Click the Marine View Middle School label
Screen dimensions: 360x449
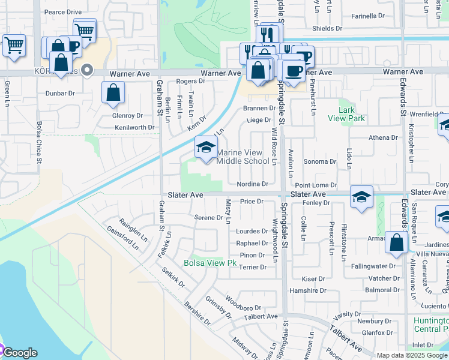pyautogui.click(x=243, y=157)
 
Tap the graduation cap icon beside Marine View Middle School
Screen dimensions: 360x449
pyautogui.click(x=206, y=147)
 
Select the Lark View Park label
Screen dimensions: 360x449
pyautogui.click(x=347, y=114)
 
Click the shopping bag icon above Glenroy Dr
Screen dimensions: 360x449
pyautogui.click(x=113, y=94)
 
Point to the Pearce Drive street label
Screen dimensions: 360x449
pyautogui.click(x=63, y=12)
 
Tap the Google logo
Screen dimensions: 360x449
pyautogui.click(x=19, y=353)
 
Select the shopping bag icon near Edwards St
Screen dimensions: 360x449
pyautogui.click(x=396, y=242)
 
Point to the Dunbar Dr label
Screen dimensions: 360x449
pyautogui.click(x=60, y=94)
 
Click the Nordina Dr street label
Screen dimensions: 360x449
pyautogui.click(x=252, y=184)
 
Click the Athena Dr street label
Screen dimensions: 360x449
pyautogui.click(x=383, y=137)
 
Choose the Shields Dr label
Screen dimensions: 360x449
pyautogui.click(x=327, y=28)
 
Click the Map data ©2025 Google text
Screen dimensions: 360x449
pyautogui.click(x=412, y=355)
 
